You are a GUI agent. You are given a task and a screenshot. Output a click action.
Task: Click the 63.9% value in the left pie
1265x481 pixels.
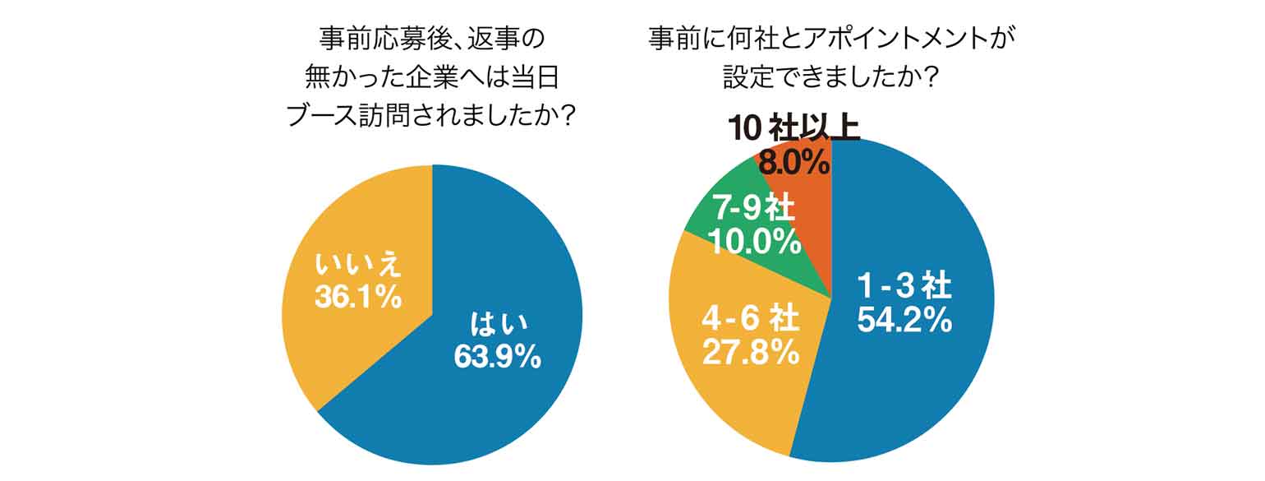(x=497, y=356)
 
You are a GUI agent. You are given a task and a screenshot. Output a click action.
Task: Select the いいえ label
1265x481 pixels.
(x=358, y=266)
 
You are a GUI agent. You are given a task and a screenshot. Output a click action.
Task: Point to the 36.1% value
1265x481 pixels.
(x=358, y=297)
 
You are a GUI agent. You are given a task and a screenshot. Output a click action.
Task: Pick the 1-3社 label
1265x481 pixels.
(x=904, y=287)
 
